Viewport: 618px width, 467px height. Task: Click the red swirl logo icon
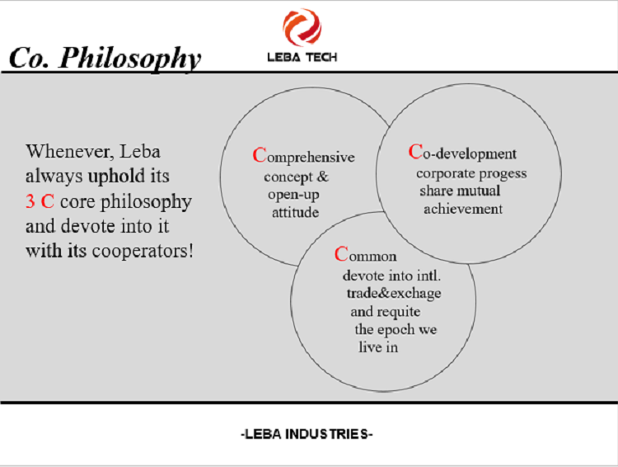click(x=302, y=27)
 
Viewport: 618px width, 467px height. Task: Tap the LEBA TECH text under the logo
click(x=302, y=58)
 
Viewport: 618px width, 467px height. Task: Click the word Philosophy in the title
click(x=130, y=59)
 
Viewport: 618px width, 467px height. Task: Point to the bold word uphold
click(x=116, y=176)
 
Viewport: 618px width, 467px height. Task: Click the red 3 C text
click(x=40, y=201)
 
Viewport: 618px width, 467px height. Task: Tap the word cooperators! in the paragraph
click(x=143, y=251)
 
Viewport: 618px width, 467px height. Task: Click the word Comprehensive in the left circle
click(x=303, y=156)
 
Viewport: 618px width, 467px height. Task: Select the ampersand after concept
click(x=322, y=177)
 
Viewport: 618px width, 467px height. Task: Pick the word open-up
click(x=293, y=195)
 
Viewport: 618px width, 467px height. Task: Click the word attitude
click(x=295, y=212)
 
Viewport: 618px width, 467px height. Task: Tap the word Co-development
click(x=462, y=153)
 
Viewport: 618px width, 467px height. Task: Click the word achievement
click(x=463, y=209)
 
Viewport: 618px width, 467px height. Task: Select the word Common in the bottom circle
click(x=365, y=255)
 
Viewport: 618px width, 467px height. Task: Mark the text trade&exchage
click(x=394, y=294)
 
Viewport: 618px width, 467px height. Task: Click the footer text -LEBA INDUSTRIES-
click(x=307, y=434)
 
